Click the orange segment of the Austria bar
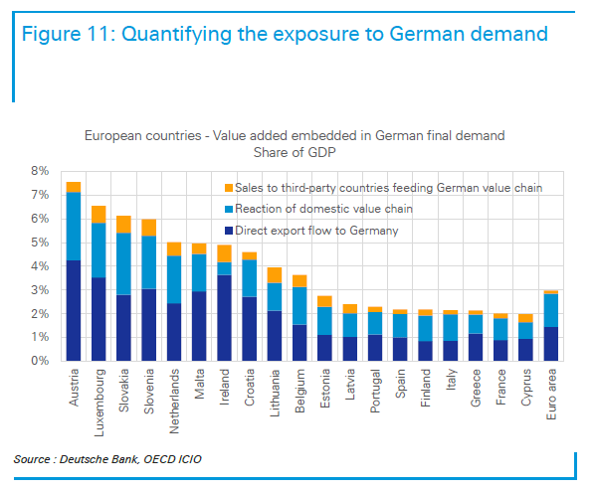click(74, 187)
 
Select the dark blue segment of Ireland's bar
click(224, 318)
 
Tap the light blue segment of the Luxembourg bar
click(99, 250)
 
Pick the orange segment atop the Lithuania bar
click(275, 275)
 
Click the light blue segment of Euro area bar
click(551, 310)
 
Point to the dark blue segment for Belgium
click(299, 343)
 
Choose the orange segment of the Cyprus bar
click(525, 318)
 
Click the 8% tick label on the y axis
click(40, 171)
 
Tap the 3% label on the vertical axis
click(40, 290)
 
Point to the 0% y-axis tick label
click(40, 361)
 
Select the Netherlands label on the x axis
click(174, 402)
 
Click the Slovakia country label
click(124, 391)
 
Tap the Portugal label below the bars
click(375, 391)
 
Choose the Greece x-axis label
click(476, 388)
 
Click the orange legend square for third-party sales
click(229, 188)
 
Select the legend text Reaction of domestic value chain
click(323, 209)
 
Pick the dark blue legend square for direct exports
click(229, 231)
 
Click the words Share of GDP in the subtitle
click(295, 152)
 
